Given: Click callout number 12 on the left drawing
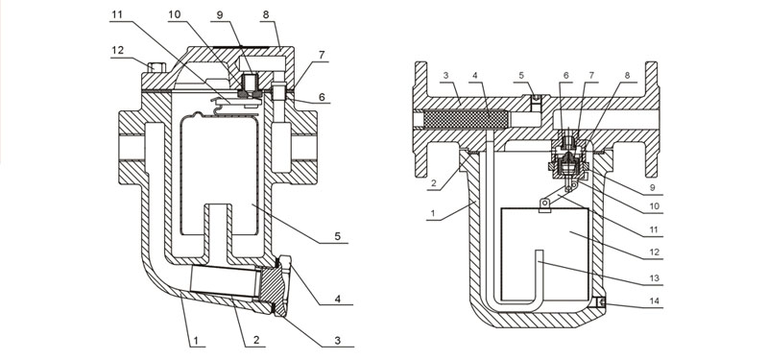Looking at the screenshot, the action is point(117,51).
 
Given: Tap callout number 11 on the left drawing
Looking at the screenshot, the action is point(116,14).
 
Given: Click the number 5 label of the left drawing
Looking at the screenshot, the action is point(338,236).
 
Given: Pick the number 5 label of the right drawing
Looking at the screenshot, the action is point(521,75).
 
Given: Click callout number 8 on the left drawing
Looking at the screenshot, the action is point(266,14).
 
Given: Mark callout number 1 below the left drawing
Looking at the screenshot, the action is point(196,340).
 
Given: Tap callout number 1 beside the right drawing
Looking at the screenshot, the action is point(434,213).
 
